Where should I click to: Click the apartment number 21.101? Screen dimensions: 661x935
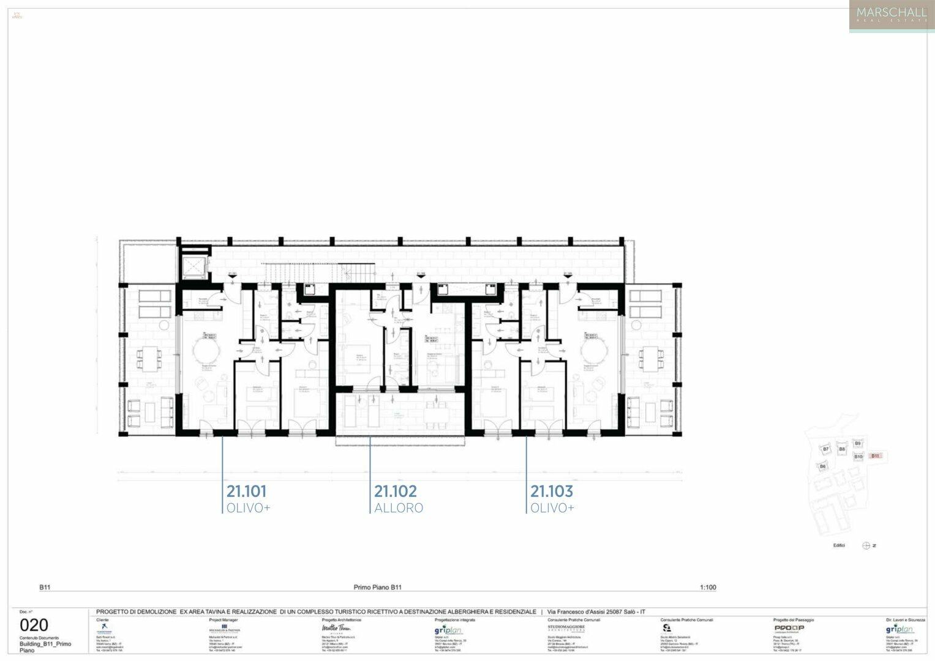tap(246, 491)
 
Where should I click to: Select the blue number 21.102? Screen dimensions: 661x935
tap(395, 491)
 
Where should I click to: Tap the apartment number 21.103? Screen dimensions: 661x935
tap(551, 491)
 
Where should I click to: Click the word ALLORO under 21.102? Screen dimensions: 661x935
tap(399, 508)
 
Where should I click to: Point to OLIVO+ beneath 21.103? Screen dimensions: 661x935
tap(552, 508)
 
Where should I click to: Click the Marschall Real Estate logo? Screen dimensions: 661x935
tap(891, 15)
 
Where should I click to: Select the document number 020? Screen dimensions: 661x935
tap(34, 625)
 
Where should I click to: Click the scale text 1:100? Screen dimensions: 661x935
tap(708, 588)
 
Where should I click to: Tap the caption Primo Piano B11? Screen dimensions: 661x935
tap(377, 588)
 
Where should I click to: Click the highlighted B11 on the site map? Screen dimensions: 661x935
tap(876, 456)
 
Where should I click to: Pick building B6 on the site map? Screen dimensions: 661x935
tap(822, 466)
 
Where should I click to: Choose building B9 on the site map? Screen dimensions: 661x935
tap(857, 443)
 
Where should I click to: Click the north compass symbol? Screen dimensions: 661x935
tap(866, 545)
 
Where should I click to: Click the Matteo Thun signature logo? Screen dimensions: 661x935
tap(336, 628)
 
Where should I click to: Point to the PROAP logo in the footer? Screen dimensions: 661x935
tap(789, 628)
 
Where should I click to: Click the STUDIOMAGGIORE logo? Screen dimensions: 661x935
tap(566, 628)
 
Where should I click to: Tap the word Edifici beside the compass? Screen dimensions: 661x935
tap(839, 545)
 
